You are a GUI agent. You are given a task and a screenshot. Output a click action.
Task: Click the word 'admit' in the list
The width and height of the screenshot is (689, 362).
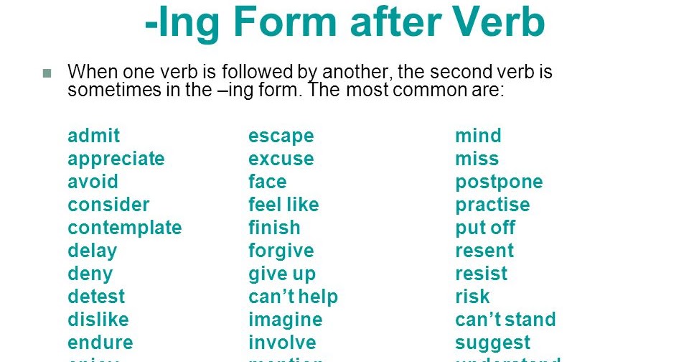tap(93, 136)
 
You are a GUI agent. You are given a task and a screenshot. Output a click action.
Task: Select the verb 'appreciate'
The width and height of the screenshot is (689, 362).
tap(116, 159)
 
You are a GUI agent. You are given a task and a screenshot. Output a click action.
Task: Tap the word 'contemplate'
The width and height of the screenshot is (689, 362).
tap(125, 228)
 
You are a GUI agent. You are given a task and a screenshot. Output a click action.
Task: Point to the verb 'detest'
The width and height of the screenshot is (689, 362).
tap(96, 297)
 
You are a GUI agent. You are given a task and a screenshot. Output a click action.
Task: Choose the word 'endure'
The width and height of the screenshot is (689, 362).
tap(100, 343)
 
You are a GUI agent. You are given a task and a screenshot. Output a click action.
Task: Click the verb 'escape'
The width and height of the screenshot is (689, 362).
tap(281, 136)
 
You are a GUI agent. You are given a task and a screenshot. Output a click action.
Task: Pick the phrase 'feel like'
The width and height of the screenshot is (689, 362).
tap(283, 205)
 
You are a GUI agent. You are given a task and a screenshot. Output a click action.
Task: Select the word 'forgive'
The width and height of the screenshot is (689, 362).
tap(281, 251)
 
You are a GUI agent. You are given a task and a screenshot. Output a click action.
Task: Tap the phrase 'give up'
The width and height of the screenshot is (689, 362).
tap(282, 274)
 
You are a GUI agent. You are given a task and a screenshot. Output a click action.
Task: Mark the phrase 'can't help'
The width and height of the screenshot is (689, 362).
tap(293, 297)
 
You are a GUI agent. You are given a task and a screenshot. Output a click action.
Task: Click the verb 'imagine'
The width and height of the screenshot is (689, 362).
tap(286, 320)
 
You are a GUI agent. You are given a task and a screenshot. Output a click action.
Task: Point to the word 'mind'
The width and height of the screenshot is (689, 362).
tap(478, 136)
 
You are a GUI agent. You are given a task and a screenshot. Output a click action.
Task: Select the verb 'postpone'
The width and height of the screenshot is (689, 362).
tap(499, 182)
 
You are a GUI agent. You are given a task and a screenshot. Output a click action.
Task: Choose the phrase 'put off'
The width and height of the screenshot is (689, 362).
tap(485, 228)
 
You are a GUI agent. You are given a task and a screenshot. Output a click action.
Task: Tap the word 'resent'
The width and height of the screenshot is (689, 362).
tap(484, 251)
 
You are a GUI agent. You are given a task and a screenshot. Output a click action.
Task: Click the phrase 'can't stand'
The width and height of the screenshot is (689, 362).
tap(505, 320)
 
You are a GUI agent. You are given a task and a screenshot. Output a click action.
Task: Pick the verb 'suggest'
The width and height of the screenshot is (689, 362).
tap(493, 343)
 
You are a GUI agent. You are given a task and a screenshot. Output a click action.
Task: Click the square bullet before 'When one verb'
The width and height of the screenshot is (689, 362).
tap(48, 73)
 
